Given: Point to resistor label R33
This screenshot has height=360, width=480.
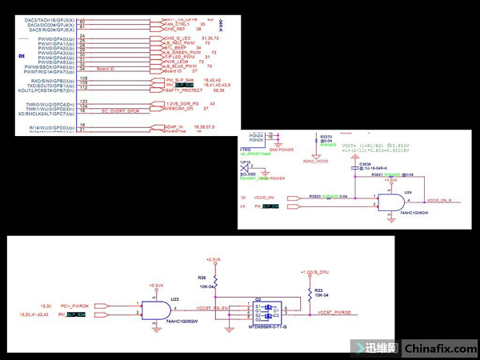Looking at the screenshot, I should (318, 289).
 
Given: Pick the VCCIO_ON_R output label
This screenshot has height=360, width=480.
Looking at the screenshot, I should (442, 200).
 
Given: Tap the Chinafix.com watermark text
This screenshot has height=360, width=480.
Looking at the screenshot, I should (441, 348).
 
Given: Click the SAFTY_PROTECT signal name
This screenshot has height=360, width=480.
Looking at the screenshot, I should (183, 90).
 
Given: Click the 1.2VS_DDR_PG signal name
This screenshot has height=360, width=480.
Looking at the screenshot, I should (183, 104).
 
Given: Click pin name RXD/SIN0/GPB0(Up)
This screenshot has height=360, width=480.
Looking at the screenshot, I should (53, 80).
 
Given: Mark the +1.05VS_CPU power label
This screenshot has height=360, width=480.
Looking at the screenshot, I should (312, 272).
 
